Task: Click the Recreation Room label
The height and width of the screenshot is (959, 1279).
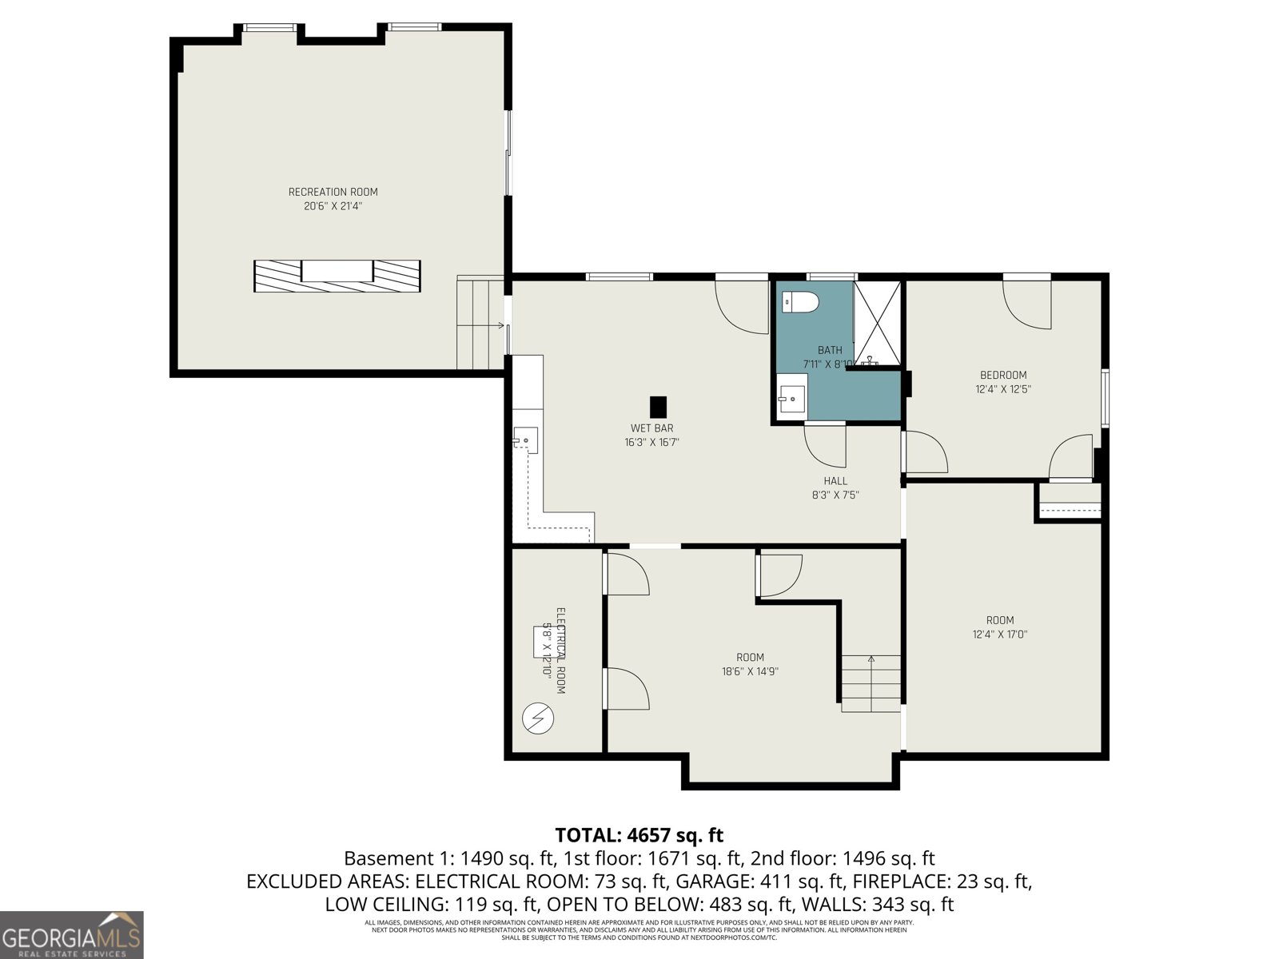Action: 333,192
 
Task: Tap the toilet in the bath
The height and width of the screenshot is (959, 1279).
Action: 801,303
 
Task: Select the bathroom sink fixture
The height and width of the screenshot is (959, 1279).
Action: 792,396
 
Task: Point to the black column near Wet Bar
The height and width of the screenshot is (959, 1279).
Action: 658,407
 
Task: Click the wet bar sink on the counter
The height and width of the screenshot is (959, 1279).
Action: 525,440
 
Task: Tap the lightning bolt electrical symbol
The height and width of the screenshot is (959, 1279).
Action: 536,719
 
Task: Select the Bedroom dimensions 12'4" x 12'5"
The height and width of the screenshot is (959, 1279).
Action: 1003,389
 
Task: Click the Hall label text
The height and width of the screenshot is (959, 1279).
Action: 835,481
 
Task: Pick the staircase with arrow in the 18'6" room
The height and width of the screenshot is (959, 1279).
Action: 870,684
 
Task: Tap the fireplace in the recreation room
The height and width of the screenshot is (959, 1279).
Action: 337,276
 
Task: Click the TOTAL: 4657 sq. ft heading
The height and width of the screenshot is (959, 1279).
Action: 639,835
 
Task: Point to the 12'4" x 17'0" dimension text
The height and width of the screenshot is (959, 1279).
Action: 999,635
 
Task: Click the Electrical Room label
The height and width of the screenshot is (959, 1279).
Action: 561,651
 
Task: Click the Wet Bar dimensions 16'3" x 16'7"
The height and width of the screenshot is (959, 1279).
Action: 651,442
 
